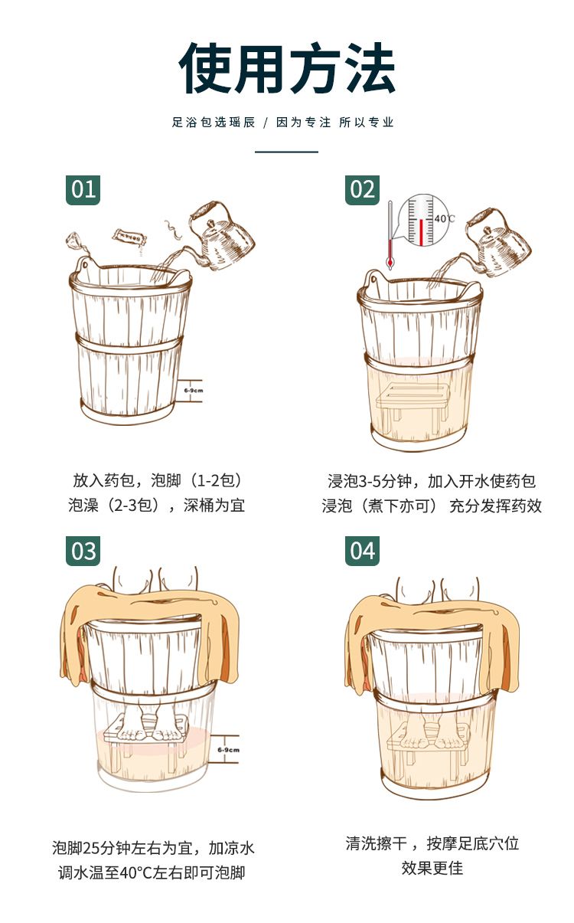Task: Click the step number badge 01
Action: (x=83, y=189)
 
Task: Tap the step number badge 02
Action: (x=362, y=189)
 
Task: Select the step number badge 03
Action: (x=83, y=551)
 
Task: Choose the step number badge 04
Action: (x=362, y=551)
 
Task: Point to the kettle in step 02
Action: (x=498, y=242)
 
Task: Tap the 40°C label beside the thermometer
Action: (x=445, y=218)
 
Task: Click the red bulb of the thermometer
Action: (x=390, y=263)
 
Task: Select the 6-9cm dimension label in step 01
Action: (x=194, y=390)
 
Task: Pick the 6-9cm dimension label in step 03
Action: (x=229, y=750)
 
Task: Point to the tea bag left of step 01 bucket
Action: (x=73, y=241)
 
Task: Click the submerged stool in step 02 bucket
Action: (x=412, y=401)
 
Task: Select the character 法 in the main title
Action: (x=369, y=68)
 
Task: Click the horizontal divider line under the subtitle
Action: (x=286, y=152)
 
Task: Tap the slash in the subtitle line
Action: (x=266, y=123)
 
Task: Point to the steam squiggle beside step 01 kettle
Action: (x=173, y=230)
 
